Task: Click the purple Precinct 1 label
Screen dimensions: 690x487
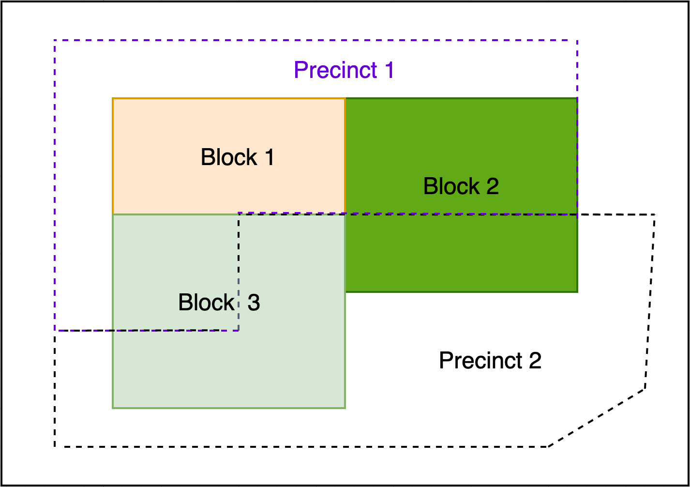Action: point(344,70)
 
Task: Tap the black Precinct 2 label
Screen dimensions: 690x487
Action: point(490,360)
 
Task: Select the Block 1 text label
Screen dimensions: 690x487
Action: point(237,157)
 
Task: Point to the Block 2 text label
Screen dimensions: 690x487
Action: point(461,186)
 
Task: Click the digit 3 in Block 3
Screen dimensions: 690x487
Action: point(254,303)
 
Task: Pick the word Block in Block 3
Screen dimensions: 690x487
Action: point(207,302)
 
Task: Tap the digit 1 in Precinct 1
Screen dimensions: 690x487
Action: point(390,70)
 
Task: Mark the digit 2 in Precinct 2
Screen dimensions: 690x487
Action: point(535,360)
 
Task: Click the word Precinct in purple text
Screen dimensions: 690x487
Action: point(335,70)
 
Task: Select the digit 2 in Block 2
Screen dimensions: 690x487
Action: point(493,186)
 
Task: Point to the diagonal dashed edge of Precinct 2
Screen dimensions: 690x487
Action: point(597,418)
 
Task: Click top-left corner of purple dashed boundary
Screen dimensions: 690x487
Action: point(55,40)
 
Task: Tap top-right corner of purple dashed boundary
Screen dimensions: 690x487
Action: point(577,40)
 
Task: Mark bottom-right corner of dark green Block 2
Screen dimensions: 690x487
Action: point(577,291)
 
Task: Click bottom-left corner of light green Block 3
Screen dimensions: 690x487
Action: point(113,408)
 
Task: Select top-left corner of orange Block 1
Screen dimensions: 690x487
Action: point(113,99)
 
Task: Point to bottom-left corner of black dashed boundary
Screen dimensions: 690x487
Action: point(55,446)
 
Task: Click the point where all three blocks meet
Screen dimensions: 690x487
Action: point(345,214)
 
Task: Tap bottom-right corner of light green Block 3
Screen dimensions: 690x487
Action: point(345,408)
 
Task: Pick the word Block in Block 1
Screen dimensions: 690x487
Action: point(229,157)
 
